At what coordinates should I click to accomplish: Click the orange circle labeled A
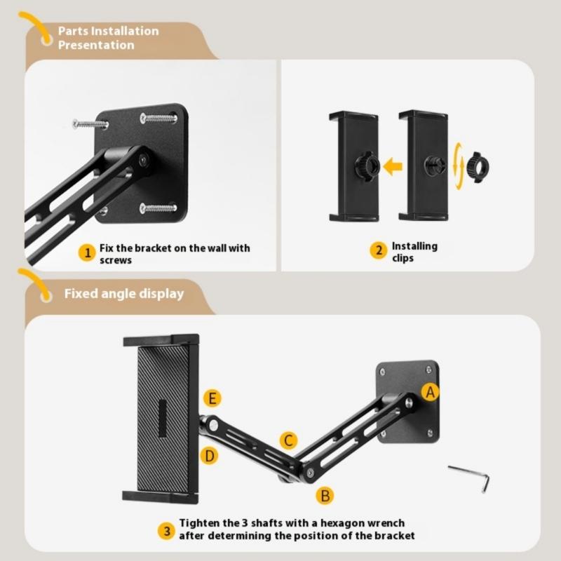431,393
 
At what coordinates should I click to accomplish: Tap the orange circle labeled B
324,495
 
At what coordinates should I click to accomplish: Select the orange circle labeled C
288,440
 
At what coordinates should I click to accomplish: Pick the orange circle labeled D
210,455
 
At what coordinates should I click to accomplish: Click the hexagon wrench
470,478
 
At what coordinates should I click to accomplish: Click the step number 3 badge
165,529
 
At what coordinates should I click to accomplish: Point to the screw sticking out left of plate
90,124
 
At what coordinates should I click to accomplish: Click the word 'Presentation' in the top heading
96,45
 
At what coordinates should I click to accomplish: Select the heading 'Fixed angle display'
123,293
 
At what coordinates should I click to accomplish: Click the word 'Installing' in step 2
414,246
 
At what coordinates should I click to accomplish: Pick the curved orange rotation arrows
459,165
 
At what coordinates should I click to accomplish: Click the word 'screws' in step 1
115,259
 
